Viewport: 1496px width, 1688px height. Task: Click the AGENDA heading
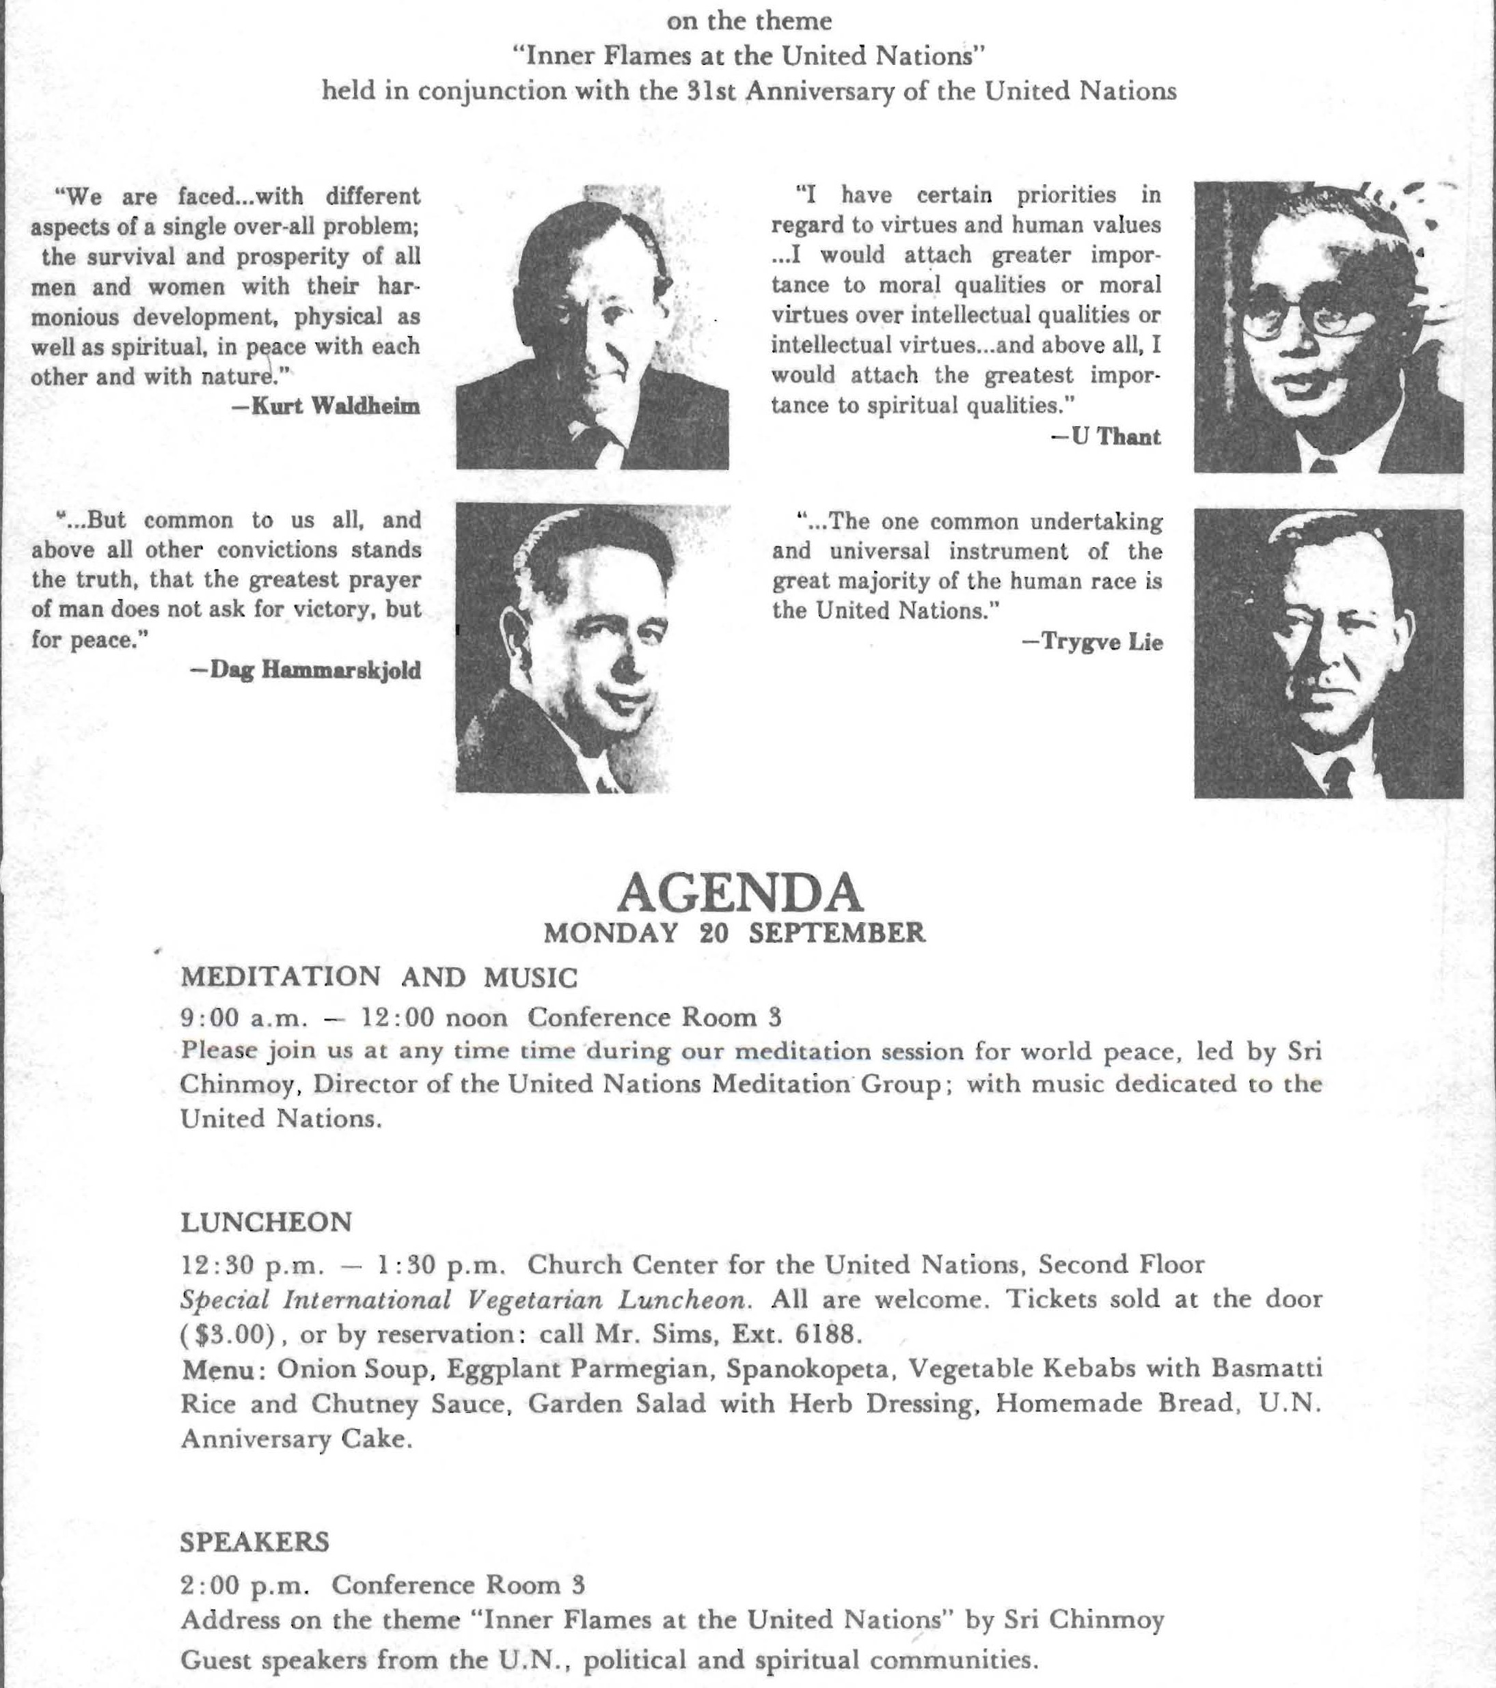(x=739, y=893)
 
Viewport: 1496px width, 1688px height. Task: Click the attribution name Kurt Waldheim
(x=325, y=406)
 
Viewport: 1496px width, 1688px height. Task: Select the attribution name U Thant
(x=1107, y=437)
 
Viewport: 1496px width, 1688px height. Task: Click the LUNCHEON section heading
(x=266, y=1221)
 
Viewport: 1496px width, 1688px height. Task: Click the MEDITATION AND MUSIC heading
(x=379, y=977)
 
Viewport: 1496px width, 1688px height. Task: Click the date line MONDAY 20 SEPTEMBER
(x=735, y=933)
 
